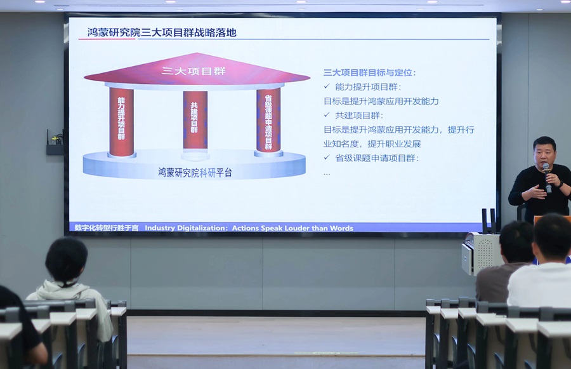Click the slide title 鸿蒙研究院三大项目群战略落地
coord(161,32)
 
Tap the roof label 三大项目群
coord(194,70)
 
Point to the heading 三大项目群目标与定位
coord(370,73)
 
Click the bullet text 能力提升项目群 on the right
coord(368,87)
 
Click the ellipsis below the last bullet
coord(327,173)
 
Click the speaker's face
coord(544,154)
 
